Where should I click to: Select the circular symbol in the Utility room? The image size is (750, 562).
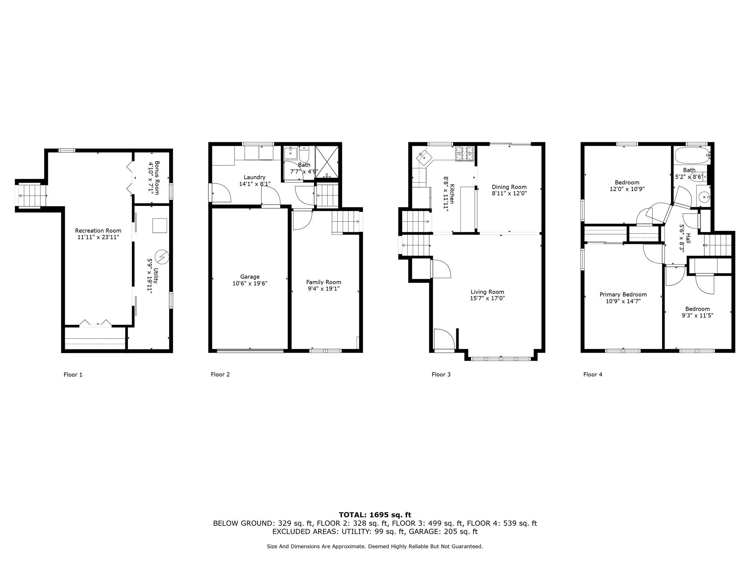161,257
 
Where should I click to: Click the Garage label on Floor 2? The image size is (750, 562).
250,277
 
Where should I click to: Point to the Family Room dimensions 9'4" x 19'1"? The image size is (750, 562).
323,289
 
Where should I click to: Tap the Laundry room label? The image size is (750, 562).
254,177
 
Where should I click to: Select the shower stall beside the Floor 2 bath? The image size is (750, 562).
327,161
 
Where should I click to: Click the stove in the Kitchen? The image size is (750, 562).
464,153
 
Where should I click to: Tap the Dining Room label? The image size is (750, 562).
509,187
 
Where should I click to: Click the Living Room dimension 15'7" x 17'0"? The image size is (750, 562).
487,298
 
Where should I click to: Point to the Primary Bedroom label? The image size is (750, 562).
623,295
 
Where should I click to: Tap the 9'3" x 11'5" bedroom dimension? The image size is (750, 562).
697,315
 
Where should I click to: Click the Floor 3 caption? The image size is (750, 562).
441,374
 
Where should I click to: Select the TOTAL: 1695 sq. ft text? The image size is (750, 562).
375,515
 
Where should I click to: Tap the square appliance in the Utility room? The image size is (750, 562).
159,226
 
